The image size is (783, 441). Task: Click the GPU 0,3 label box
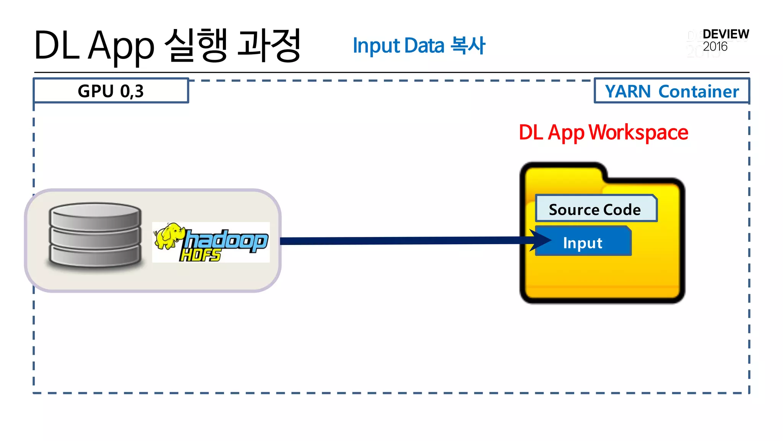tap(111, 91)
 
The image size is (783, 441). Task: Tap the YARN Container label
tap(672, 91)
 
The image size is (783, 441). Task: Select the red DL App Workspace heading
tap(603, 132)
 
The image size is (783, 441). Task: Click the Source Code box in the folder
tap(596, 209)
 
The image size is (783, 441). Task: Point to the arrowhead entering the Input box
tap(541, 240)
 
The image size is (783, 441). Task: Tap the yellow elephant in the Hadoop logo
tap(168, 235)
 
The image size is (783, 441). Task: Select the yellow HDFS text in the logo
tap(200, 255)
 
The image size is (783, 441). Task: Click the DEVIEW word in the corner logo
tap(726, 34)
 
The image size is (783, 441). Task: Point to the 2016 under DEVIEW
tap(715, 47)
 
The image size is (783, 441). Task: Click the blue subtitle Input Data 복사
tap(419, 46)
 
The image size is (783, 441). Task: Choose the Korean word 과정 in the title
tap(269, 45)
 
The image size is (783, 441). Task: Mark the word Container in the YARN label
tap(699, 91)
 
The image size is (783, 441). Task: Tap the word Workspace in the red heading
tap(638, 132)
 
